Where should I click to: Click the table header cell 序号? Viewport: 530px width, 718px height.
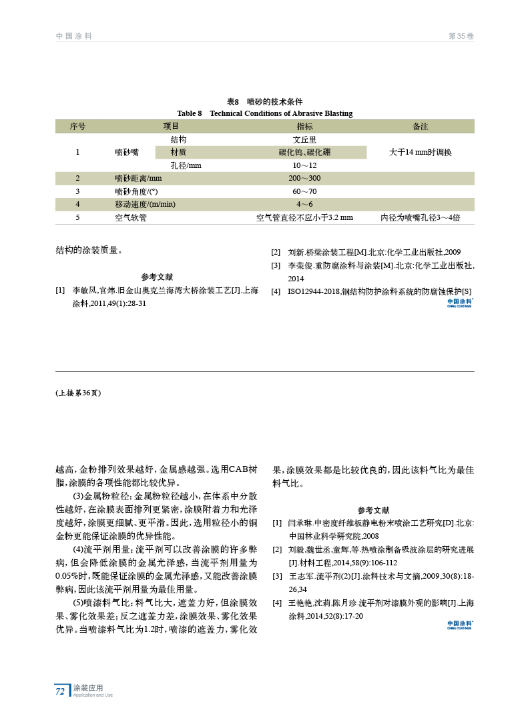click(78, 126)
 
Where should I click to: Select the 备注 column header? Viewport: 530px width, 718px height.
click(420, 126)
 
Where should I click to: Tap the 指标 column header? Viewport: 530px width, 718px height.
click(304, 126)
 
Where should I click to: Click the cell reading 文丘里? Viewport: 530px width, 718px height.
click(304, 139)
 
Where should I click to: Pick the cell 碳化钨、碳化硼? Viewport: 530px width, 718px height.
click(304, 152)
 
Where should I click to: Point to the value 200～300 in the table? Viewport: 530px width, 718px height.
click(304, 178)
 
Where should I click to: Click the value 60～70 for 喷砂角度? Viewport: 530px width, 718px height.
click(304, 191)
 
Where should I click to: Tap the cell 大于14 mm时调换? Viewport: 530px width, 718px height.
click(420, 152)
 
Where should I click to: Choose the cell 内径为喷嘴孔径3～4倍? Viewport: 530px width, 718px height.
click(420, 217)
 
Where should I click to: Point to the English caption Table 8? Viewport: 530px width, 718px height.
click(264, 113)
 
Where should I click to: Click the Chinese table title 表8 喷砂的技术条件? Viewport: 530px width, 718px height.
click(264, 102)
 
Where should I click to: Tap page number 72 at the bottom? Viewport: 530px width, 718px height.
click(60, 691)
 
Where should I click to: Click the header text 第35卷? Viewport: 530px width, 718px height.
click(461, 36)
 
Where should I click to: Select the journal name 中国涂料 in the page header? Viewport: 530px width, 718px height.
click(73, 36)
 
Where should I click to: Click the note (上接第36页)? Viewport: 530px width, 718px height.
click(78, 393)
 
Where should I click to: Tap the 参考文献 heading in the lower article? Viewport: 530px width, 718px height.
click(373, 509)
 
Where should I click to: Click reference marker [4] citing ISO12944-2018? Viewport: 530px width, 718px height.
click(275, 291)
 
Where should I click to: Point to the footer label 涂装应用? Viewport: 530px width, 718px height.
click(88, 687)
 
